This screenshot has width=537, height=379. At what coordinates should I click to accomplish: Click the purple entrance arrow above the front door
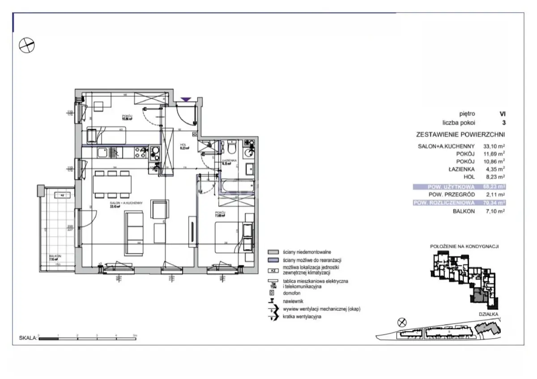[186, 99]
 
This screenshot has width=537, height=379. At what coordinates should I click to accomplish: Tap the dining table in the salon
[112, 184]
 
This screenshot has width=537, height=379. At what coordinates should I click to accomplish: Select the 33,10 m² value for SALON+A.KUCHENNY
[494, 145]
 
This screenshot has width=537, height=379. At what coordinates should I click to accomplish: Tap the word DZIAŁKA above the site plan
[488, 315]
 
